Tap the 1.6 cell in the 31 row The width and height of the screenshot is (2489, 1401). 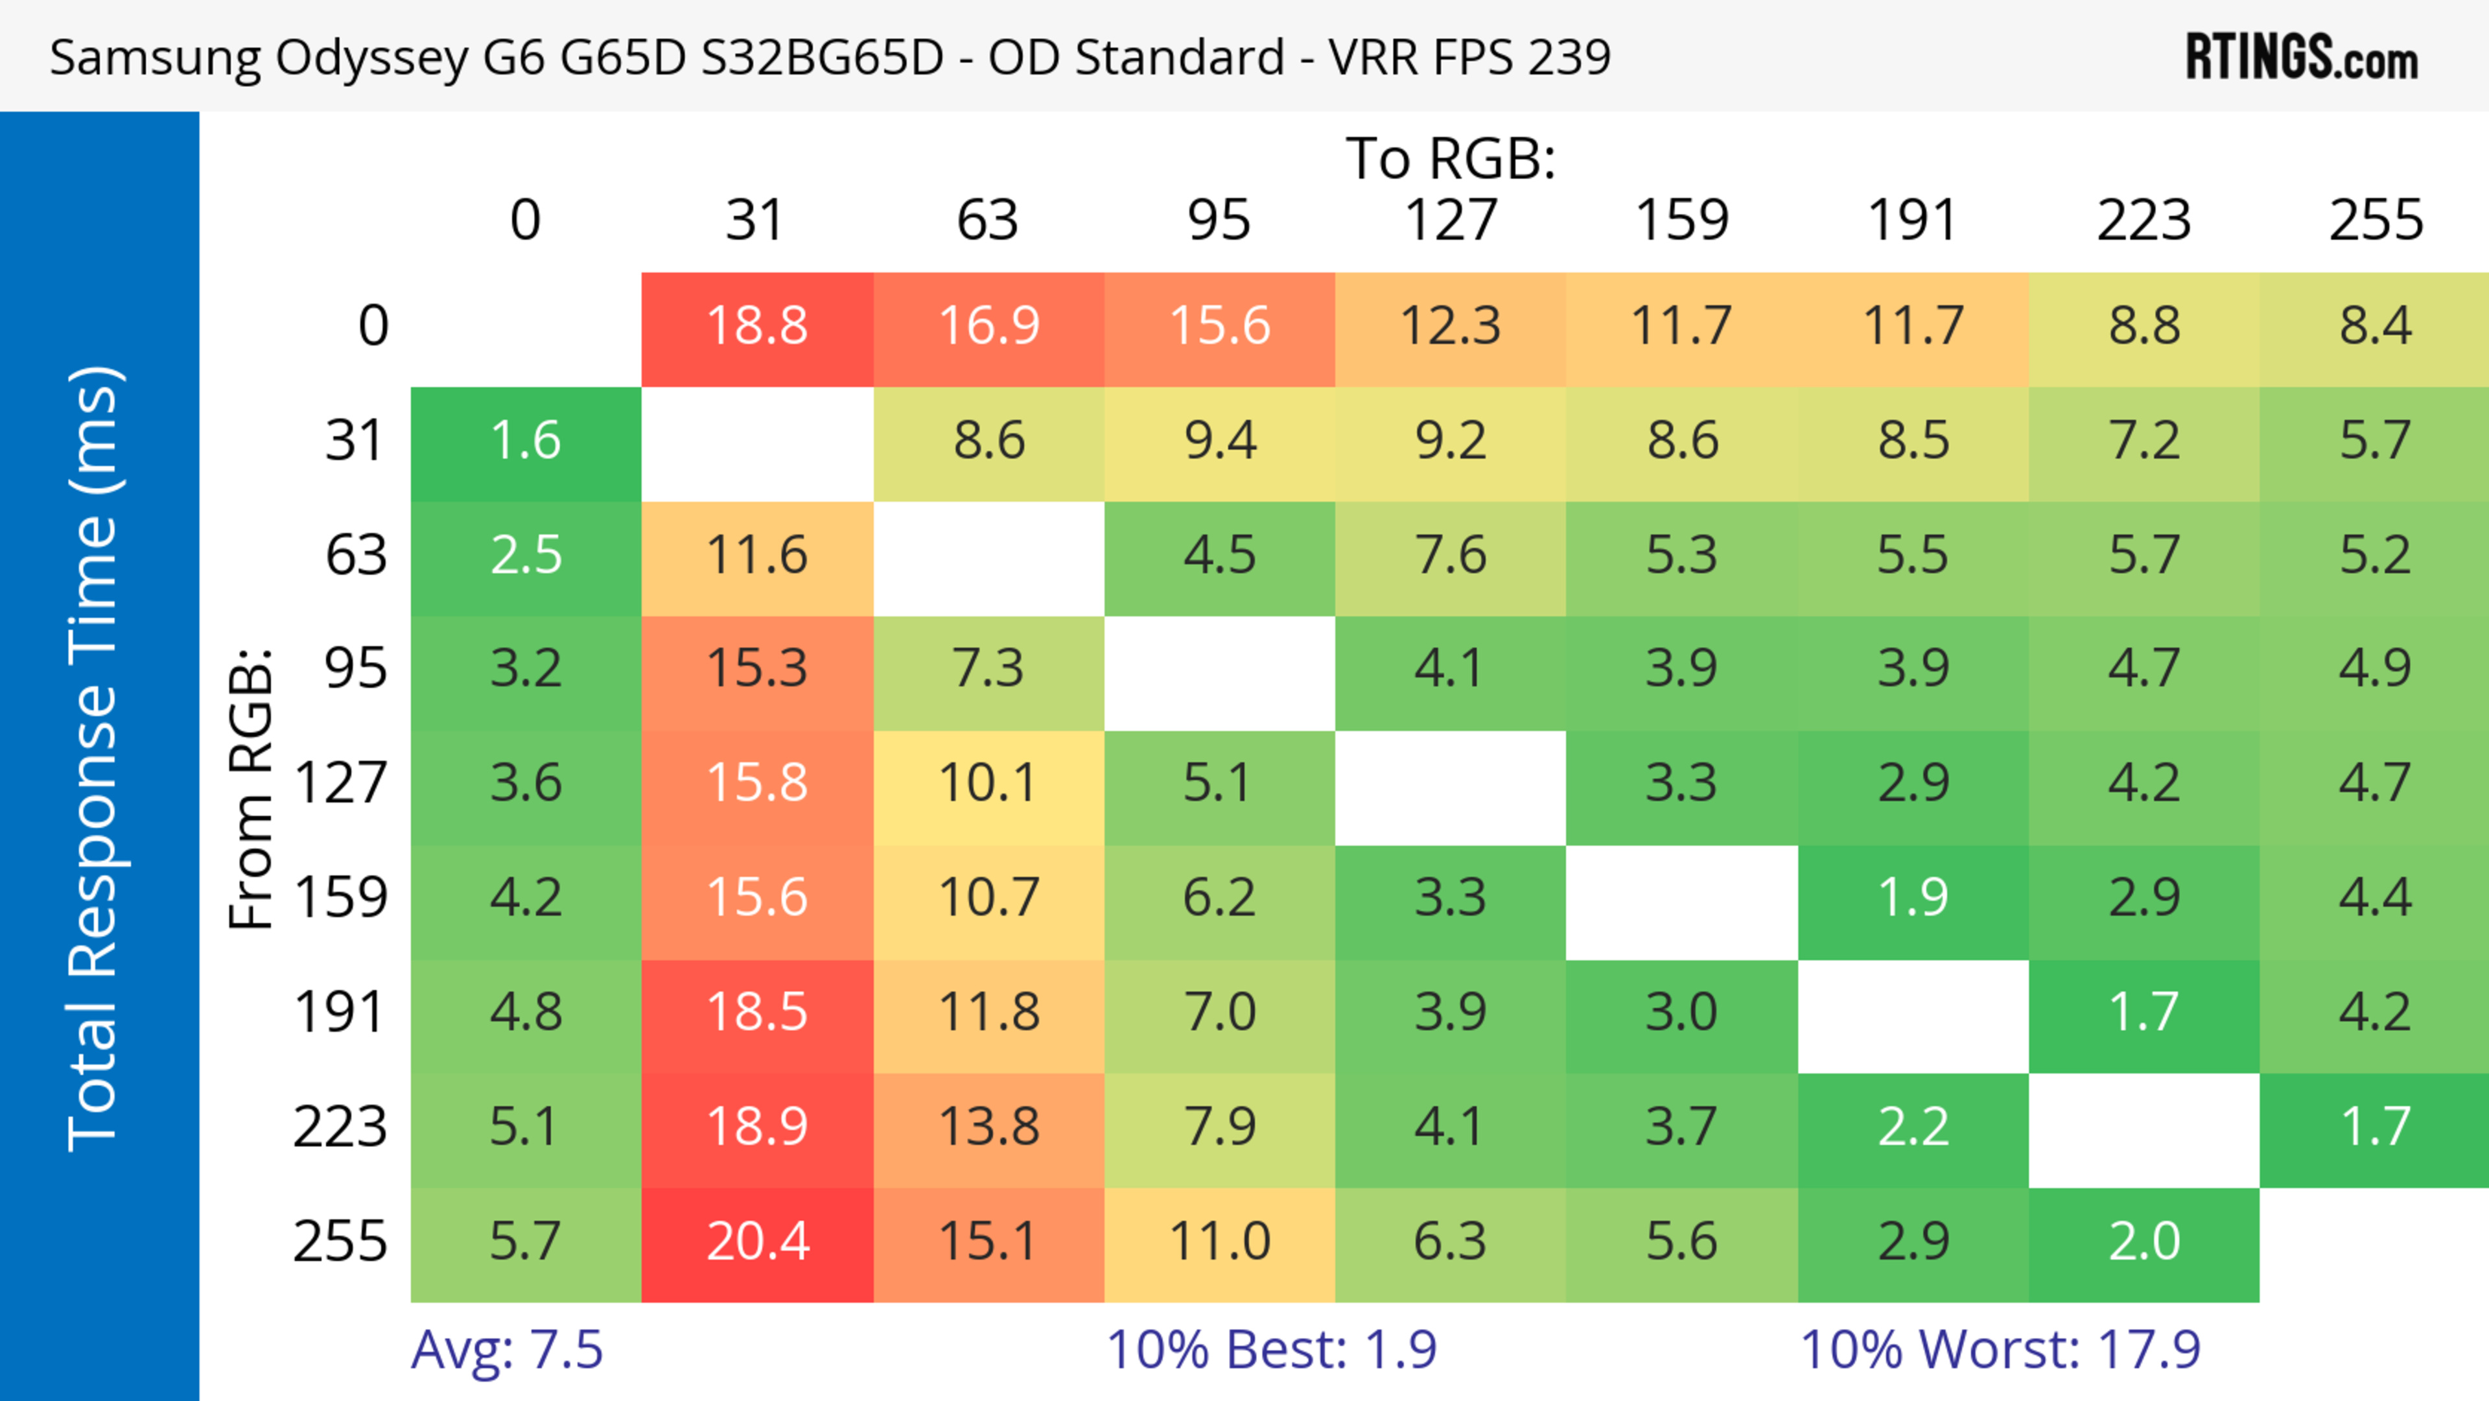tap(526, 441)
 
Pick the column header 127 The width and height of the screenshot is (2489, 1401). tap(1451, 220)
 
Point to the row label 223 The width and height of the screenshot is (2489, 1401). tap(340, 1127)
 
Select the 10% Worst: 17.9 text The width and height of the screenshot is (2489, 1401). tap(2000, 1350)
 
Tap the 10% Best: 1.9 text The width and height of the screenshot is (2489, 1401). tap(1272, 1350)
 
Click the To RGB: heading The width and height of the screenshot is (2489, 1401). tap(1451, 158)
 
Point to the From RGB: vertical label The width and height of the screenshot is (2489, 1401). tap(251, 788)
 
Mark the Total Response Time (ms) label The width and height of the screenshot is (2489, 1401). tap(94, 759)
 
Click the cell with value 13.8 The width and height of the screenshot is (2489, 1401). tap(988, 1127)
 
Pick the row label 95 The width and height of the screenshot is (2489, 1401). tap(356, 668)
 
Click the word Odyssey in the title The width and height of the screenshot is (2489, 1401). tap(371, 58)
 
